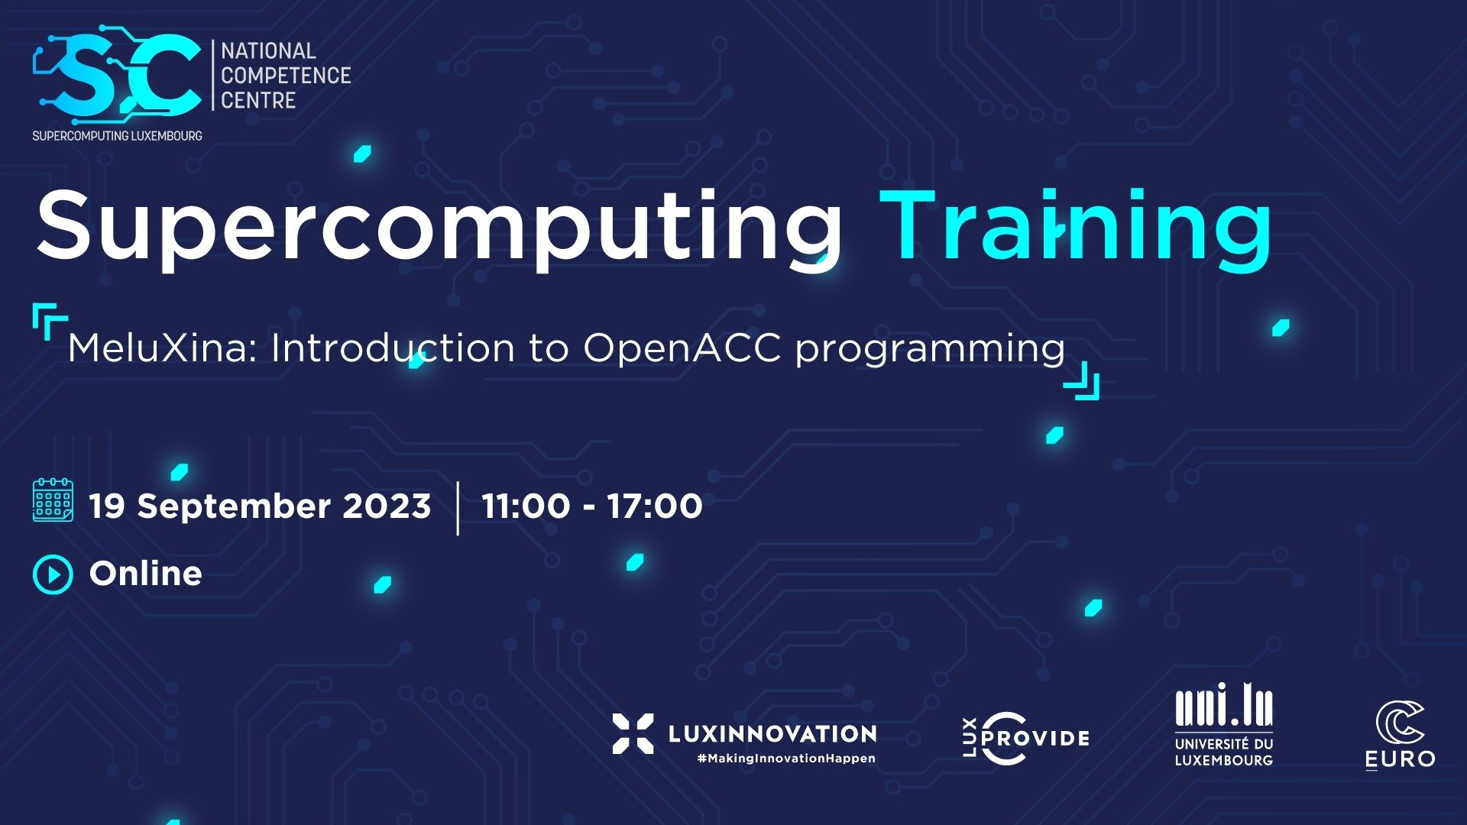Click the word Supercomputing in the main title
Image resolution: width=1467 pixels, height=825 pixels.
point(439,225)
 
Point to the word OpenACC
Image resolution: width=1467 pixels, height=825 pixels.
point(682,348)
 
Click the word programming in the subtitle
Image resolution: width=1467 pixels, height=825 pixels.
point(930,351)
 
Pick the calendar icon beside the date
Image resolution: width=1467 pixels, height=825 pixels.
point(53,500)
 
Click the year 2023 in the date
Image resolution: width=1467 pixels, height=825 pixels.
point(387,506)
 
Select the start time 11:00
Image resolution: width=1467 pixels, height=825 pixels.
point(526,506)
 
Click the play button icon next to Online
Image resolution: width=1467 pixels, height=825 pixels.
point(53,574)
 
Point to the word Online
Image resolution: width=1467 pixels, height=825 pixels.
point(145,574)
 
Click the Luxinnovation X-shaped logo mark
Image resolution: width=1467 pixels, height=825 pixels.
point(633,733)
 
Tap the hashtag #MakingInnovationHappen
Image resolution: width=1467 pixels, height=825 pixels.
point(786,759)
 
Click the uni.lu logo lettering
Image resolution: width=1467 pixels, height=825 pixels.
point(1224,704)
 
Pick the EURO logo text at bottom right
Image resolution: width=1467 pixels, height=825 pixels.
point(1400,759)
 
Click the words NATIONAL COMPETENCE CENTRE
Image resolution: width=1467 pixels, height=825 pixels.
point(286,76)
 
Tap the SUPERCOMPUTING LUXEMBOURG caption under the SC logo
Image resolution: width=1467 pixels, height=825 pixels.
point(117,136)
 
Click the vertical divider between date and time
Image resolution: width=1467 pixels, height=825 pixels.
point(458,508)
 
